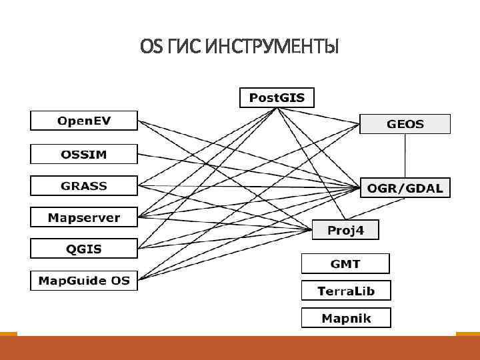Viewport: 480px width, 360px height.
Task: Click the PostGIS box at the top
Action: pos(277,98)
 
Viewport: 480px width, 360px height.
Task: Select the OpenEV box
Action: pos(84,121)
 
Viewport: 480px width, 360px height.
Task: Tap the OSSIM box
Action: pos(84,154)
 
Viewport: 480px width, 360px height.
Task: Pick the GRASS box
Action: pos(84,186)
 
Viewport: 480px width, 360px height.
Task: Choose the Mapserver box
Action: pos(84,217)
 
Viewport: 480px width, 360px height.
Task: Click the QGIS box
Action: pos(84,249)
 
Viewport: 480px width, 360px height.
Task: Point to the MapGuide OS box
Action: pos(84,280)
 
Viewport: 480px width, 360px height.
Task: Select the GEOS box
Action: pos(405,124)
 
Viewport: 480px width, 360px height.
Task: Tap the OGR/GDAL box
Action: pos(405,188)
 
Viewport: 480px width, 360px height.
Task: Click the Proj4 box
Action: pos(345,230)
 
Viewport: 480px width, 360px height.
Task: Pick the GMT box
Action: pos(345,264)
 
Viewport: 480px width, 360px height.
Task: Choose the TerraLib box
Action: pos(345,291)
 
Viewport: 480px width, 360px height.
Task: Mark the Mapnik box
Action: pos(345,318)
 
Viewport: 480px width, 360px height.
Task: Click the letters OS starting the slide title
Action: pos(151,47)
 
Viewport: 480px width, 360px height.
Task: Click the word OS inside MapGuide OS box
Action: pos(120,280)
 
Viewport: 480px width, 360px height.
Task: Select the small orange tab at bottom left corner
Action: pos(8,333)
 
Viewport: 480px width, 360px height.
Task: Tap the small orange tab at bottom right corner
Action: pos(467,333)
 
